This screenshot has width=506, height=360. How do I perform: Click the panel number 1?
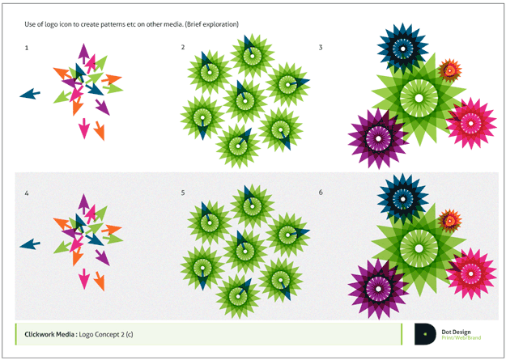pyautogui.click(x=27, y=48)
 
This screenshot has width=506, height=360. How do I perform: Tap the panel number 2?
pyautogui.click(x=183, y=48)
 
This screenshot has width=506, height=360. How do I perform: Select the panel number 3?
pyautogui.click(x=321, y=48)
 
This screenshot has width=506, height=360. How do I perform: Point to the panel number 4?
pyautogui.click(x=27, y=193)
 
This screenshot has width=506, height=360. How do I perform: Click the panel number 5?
pyautogui.click(x=183, y=193)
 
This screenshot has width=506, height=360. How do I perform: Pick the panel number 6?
pyautogui.click(x=321, y=193)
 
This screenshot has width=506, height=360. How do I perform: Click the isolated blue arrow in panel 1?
pyautogui.click(x=30, y=94)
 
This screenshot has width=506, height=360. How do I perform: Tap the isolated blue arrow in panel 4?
pyautogui.click(x=30, y=244)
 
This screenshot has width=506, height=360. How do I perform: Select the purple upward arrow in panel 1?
pyautogui.click(x=83, y=53)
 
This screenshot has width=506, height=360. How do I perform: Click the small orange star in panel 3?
pyautogui.click(x=450, y=70)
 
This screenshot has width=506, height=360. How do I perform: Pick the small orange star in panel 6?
pyautogui.click(x=450, y=221)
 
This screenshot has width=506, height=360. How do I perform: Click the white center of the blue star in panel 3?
pyautogui.click(x=402, y=49)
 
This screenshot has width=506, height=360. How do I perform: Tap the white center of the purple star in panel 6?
pyautogui.click(x=379, y=290)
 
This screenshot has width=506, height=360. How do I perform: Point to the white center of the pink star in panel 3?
pyautogui.click(x=471, y=124)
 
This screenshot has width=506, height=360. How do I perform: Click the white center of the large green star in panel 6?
pyautogui.click(x=419, y=248)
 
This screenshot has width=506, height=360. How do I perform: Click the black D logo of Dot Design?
pyautogui.click(x=425, y=334)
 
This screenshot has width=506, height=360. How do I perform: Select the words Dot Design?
pyautogui.click(x=456, y=332)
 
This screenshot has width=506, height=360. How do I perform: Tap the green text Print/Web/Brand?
pyautogui.click(x=461, y=337)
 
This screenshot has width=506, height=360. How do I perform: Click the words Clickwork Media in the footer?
pyautogui.click(x=49, y=334)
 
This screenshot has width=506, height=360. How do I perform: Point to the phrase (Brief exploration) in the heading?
pyautogui.click(x=211, y=24)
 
